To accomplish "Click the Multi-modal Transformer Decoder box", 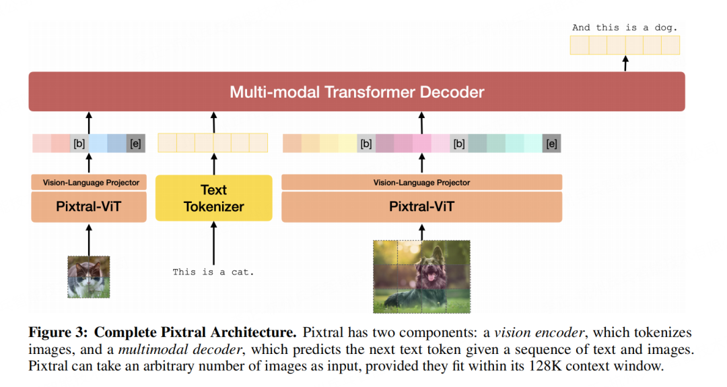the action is coord(357,92).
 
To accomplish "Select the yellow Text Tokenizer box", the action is coord(214,198).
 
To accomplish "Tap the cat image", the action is coord(88,276).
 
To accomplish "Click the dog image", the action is coord(421,276).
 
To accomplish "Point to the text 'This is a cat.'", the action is coord(213,272).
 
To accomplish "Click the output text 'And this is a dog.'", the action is coord(625,28).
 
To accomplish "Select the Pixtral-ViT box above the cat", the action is coord(89,206).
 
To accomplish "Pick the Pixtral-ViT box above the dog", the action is coord(421,206).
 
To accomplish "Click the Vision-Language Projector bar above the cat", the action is coord(89,182).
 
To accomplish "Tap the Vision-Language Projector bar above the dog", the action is coord(421,182).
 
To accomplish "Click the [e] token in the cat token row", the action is coord(136,143).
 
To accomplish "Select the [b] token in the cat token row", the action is coord(79,143).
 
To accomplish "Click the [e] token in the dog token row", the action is coord(552,143).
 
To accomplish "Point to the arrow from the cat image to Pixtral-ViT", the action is coord(89,239).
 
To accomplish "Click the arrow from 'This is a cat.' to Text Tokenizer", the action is coord(214,243).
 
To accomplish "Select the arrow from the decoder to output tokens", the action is coord(625,63).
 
